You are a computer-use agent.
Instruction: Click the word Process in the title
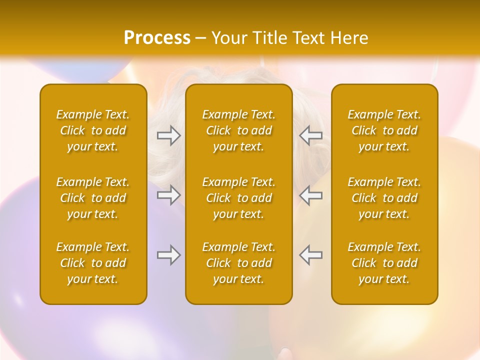[x=157, y=38]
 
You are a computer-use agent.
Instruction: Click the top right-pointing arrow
[x=168, y=135]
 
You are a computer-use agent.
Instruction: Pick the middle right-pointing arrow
[x=168, y=195]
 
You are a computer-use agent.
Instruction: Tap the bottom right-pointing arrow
[x=168, y=255]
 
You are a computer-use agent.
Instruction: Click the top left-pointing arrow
[x=310, y=135]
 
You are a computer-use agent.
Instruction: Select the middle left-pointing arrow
[x=310, y=195]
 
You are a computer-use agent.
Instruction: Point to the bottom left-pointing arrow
[x=310, y=255]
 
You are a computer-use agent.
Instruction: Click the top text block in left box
[x=93, y=130]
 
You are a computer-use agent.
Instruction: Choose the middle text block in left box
[x=93, y=198]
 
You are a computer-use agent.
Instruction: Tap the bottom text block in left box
[x=93, y=263]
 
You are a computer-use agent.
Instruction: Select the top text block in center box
[x=238, y=130]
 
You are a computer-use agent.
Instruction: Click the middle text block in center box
[x=238, y=198]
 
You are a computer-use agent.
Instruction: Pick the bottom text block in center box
[x=238, y=263]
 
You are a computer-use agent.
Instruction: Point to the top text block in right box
[x=384, y=130]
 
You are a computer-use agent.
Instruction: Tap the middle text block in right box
[x=384, y=198]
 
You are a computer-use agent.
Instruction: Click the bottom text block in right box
[x=384, y=263]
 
